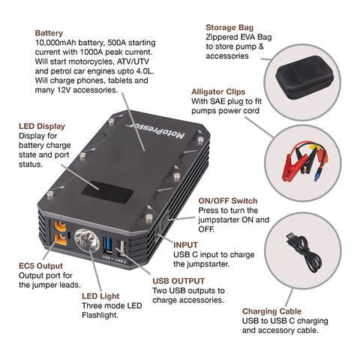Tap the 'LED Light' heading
[x=100, y=296]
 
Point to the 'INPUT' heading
[x=185, y=244]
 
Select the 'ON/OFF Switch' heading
[x=227, y=201]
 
